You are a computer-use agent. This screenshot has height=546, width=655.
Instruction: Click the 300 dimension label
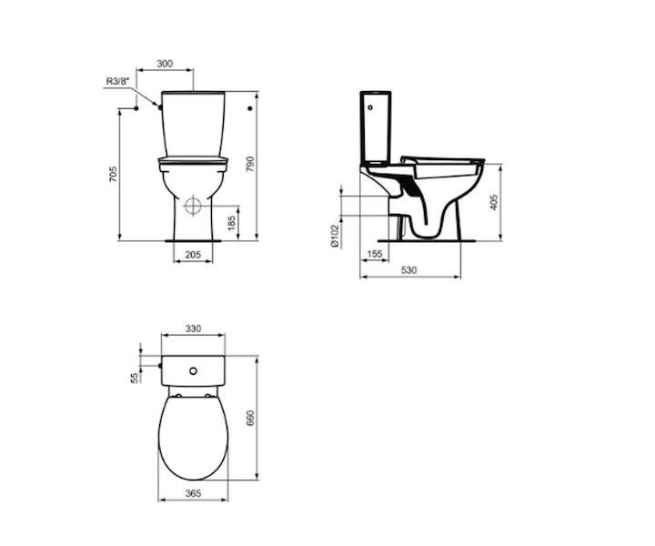click(165, 64)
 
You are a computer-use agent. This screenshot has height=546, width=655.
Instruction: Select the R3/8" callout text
click(117, 81)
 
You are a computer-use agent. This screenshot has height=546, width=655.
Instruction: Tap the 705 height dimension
click(113, 174)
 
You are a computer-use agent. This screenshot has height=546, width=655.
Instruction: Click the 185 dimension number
click(231, 223)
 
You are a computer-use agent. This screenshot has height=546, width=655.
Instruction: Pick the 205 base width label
click(193, 255)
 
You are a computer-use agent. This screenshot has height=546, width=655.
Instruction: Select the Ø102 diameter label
click(334, 237)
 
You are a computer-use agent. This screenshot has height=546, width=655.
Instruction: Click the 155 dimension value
click(374, 254)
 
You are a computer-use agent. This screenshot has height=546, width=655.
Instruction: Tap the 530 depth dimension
click(409, 270)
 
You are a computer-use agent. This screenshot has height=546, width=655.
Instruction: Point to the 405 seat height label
click(494, 202)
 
